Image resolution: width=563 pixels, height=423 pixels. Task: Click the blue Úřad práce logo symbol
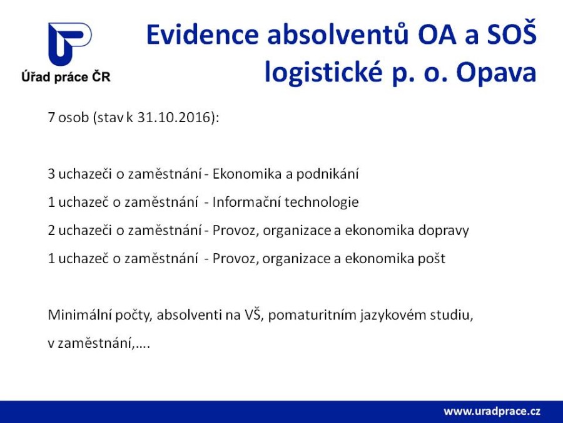(69, 44)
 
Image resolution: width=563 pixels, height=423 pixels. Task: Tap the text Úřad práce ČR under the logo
(66, 77)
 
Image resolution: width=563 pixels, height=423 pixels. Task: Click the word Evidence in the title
(203, 34)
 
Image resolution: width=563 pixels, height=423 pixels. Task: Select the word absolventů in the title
(338, 34)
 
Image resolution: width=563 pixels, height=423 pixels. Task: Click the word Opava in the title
(496, 73)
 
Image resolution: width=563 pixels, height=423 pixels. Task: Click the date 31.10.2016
(173, 117)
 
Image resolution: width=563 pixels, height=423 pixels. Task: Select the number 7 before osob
(51, 118)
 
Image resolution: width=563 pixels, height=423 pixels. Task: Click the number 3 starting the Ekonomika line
(51, 174)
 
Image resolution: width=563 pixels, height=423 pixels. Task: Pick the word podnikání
(327, 174)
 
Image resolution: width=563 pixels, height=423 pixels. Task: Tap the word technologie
(322, 202)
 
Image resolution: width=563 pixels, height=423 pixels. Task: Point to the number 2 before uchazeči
(51, 230)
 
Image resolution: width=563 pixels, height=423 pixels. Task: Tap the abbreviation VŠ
(253, 314)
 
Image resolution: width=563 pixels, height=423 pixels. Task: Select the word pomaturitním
(312, 315)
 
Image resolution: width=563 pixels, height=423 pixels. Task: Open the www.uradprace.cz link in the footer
(492, 411)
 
